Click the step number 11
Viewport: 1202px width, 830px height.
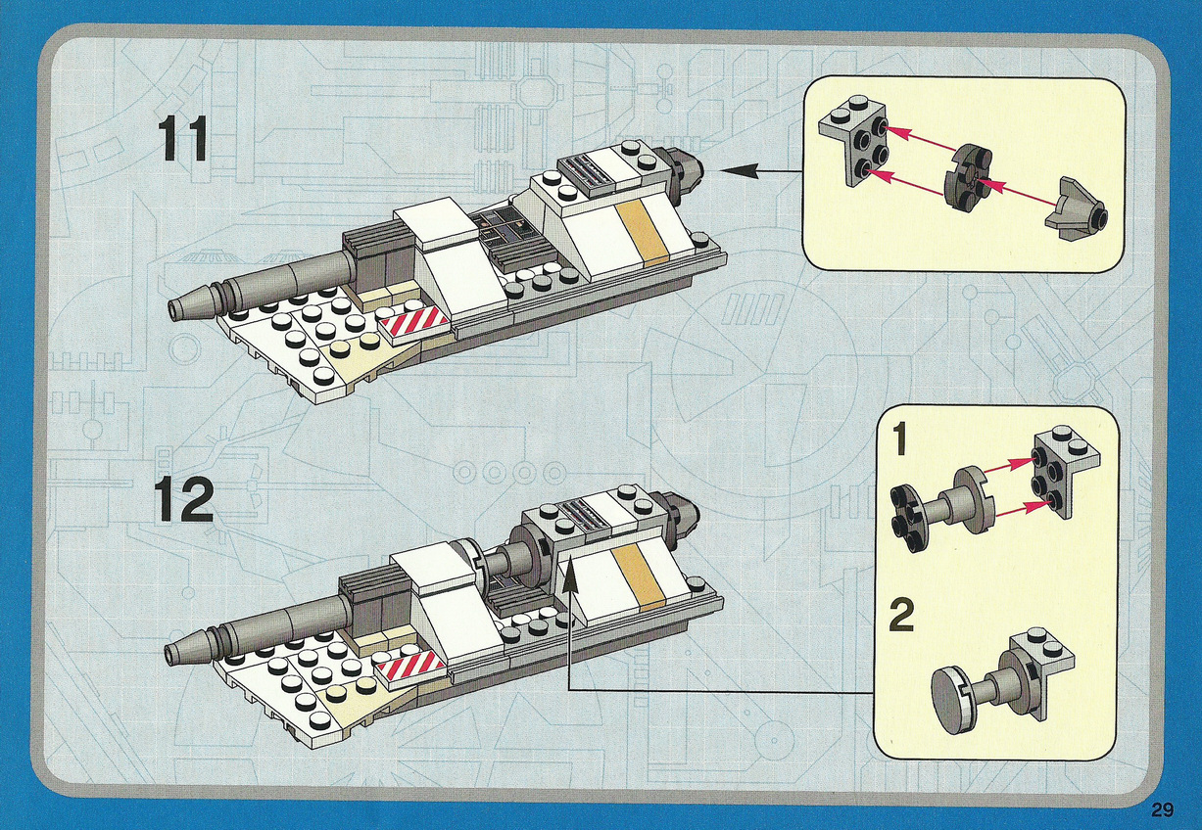pos(182,139)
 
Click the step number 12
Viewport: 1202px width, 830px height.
pos(184,501)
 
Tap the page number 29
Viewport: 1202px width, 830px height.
pos(1162,809)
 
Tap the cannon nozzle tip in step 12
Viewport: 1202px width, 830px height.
pos(172,651)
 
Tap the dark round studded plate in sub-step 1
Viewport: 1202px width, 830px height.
pos(906,517)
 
